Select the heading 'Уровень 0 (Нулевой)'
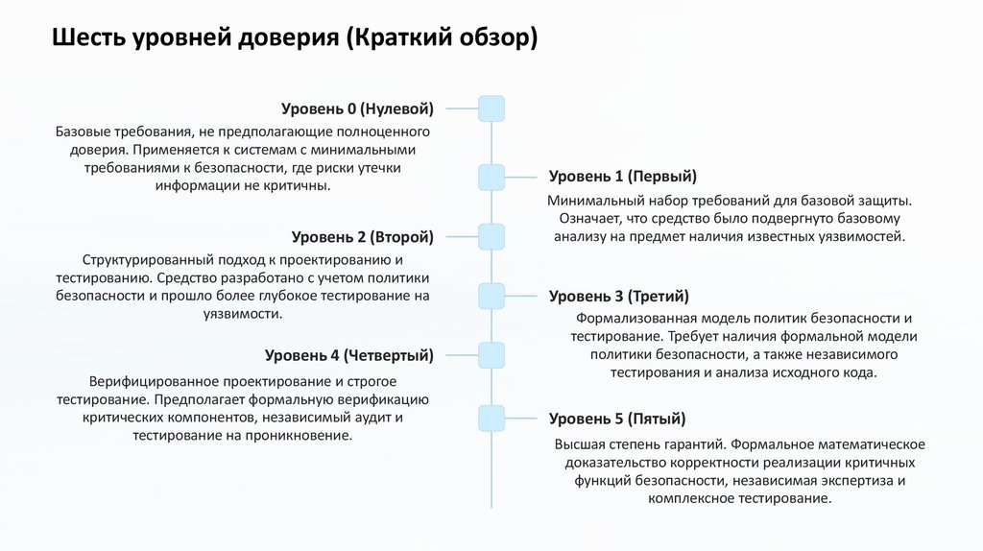(x=357, y=108)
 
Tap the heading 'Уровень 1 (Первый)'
(x=622, y=177)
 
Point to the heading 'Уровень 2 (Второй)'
(x=362, y=236)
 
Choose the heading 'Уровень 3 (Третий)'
(x=618, y=296)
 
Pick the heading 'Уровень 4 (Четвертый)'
(x=348, y=355)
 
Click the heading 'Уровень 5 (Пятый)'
(x=616, y=419)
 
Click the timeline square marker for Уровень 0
(x=491, y=108)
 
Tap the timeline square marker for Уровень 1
(x=491, y=177)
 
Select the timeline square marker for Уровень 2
(x=491, y=236)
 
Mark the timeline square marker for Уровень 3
(x=491, y=296)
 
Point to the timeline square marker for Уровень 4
(x=491, y=355)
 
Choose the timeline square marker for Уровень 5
(x=491, y=419)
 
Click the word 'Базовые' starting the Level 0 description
(x=83, y=131)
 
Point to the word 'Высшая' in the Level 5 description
(x=578, y=444)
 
